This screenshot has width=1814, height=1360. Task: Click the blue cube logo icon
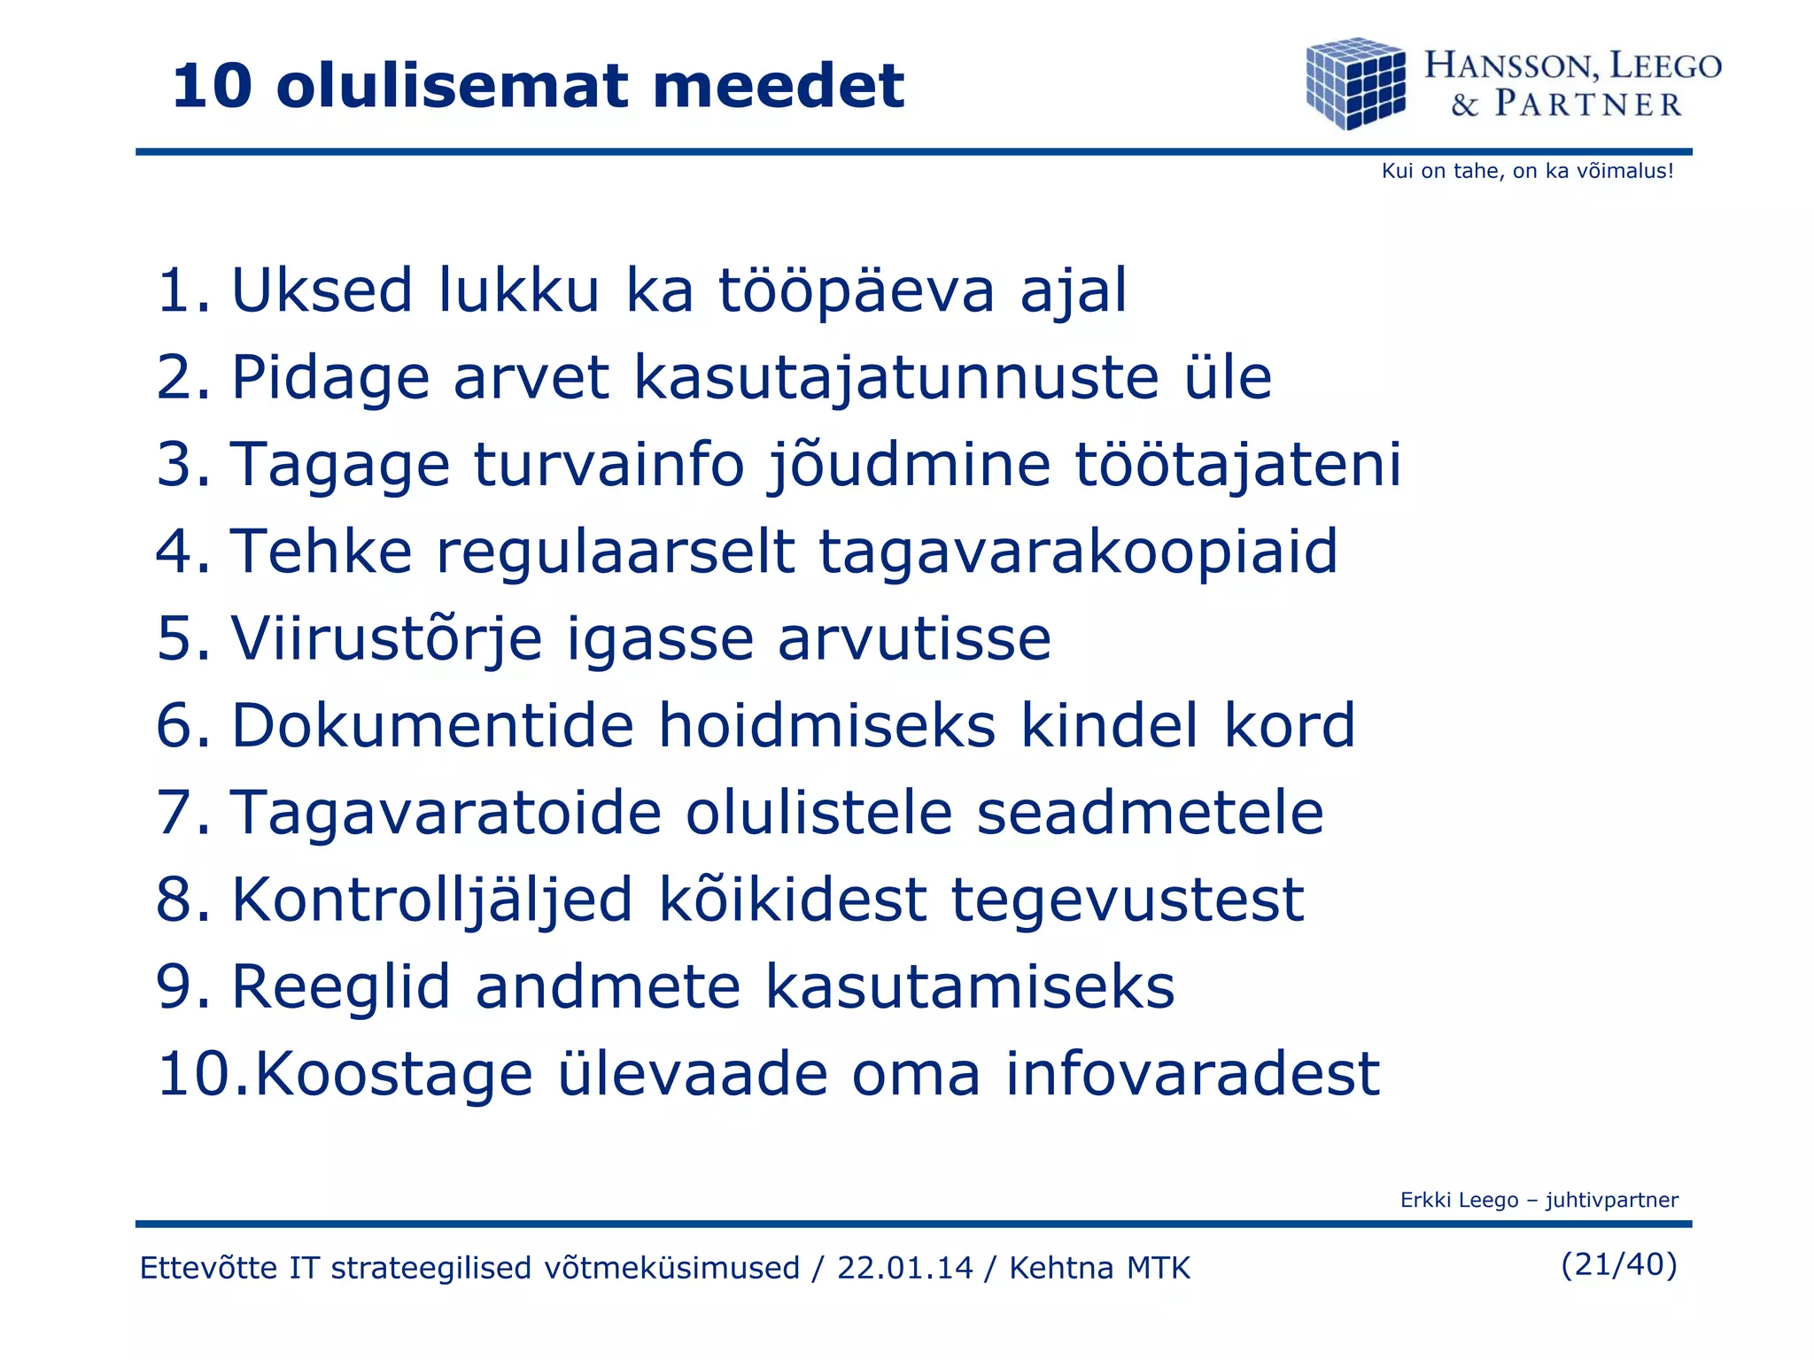click(1355, 83)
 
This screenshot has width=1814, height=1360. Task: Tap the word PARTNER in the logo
click(1588, 104)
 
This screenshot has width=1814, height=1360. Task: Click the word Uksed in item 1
click(322, 290)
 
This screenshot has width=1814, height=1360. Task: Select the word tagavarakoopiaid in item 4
click(1077, 552)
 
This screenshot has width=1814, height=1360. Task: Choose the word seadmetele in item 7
click(1149, 813)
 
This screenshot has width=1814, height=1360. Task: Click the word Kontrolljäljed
click(432, 900)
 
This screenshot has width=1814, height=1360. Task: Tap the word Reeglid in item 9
click(341, 987)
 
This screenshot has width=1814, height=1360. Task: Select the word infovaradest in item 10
click(1192, 1074)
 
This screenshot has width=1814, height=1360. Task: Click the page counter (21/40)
click(1618, 1264)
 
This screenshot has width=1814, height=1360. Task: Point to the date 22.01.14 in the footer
click(904, 1268)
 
